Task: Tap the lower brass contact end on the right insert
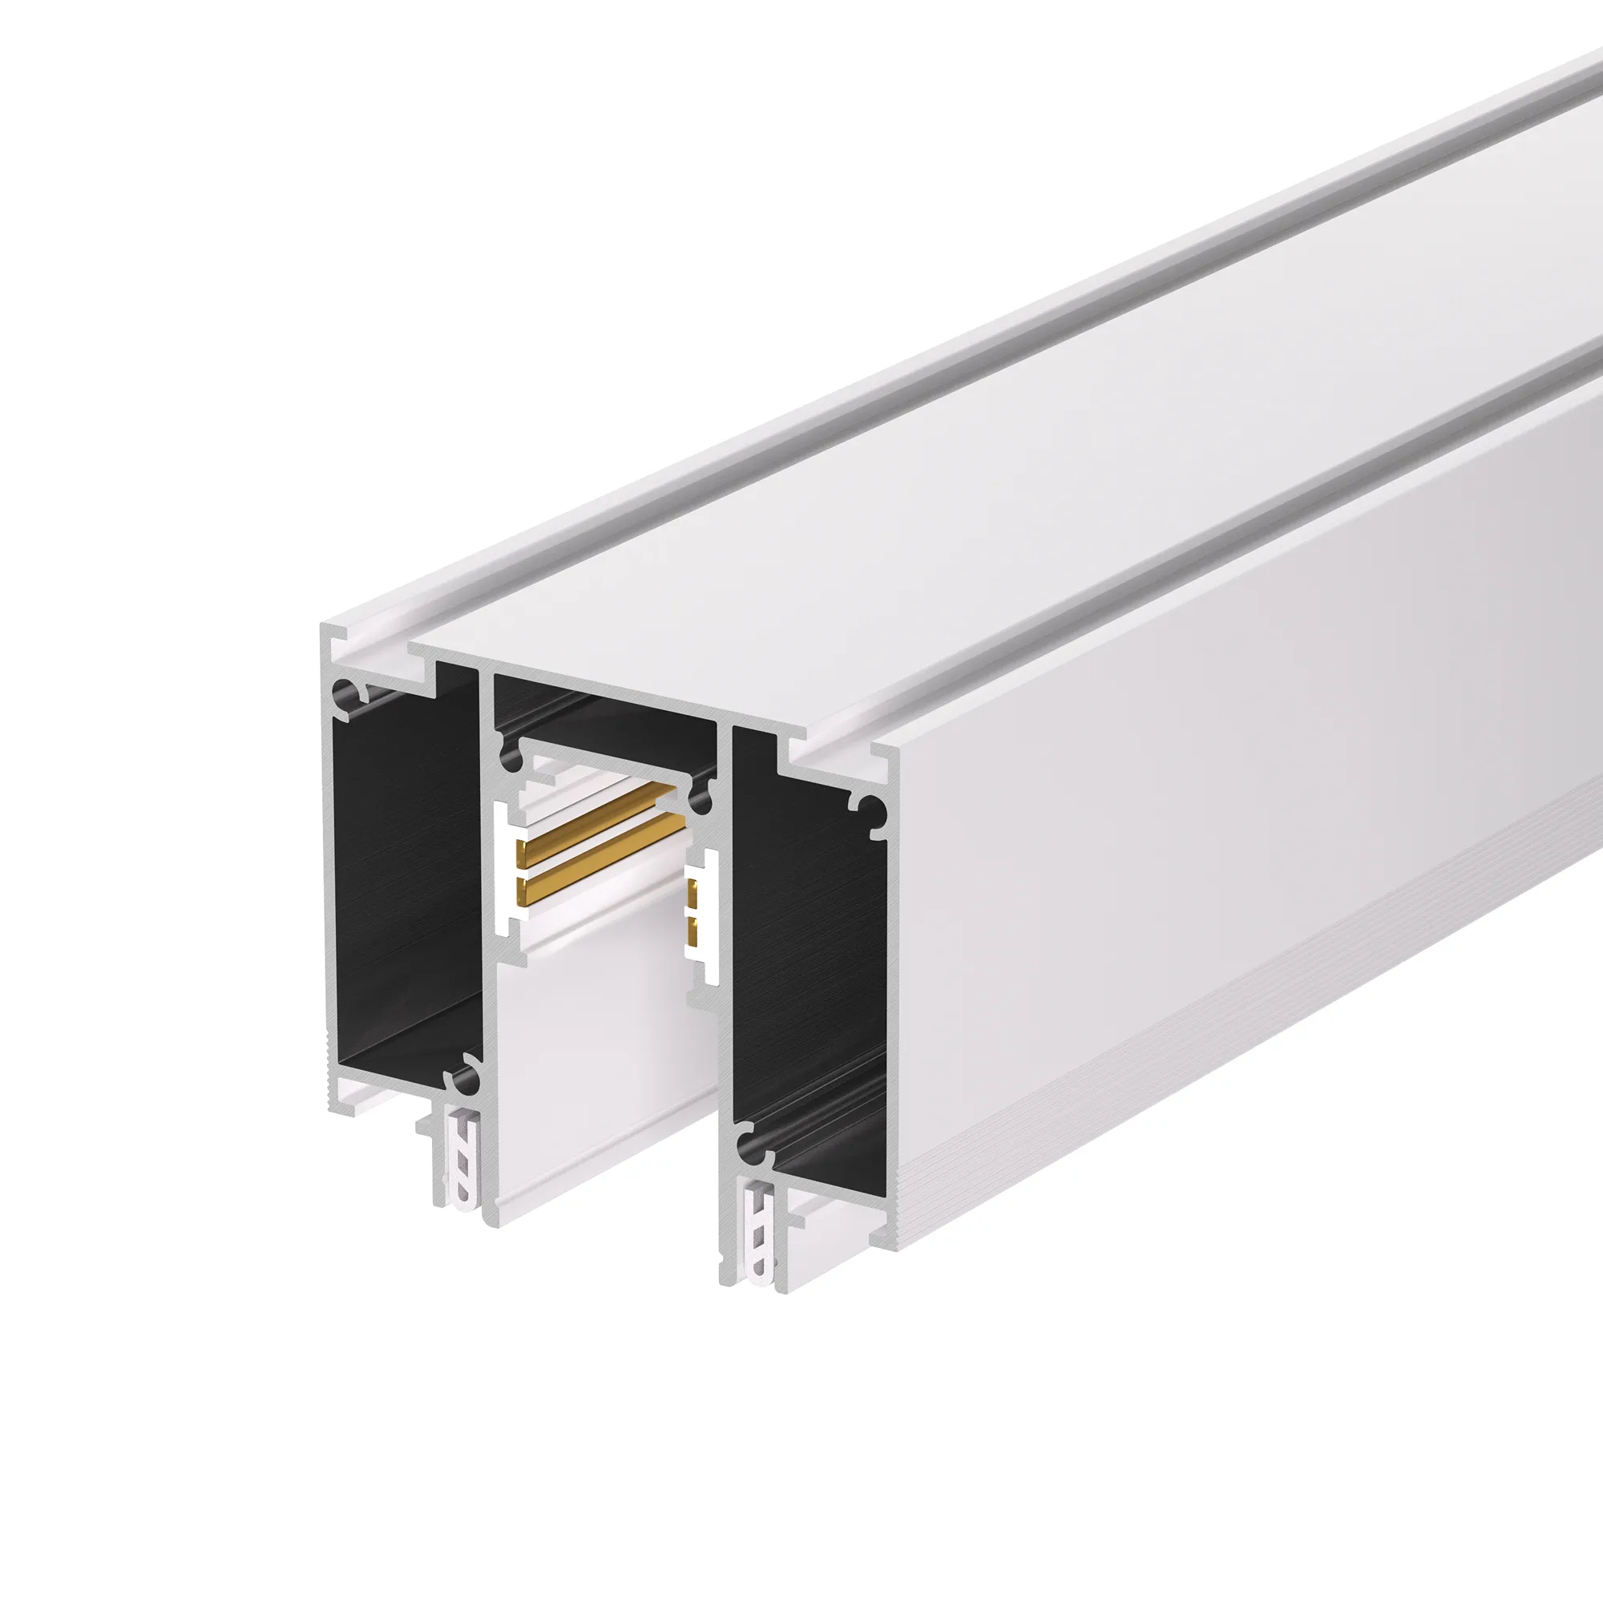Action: click(691, 927)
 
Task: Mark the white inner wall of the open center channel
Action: click(597, 1079)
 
